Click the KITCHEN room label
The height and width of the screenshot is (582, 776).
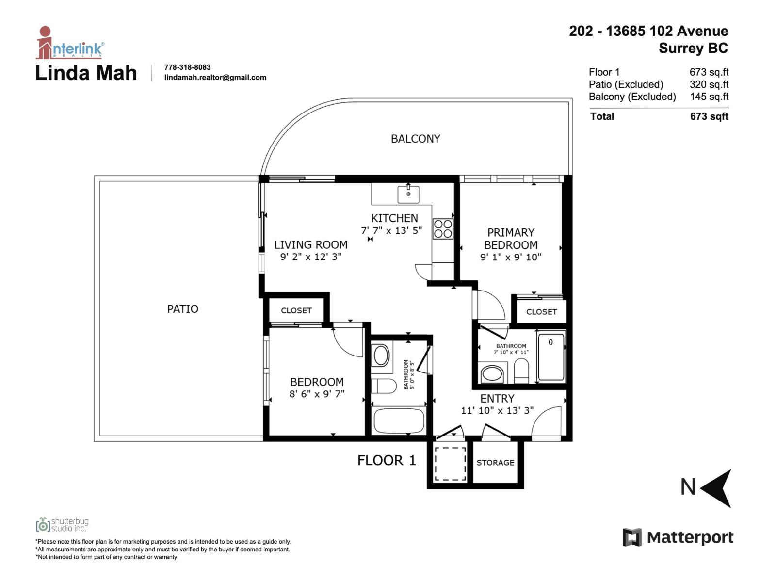394,218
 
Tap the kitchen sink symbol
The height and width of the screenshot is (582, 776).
408,194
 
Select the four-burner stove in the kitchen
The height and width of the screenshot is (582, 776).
443,229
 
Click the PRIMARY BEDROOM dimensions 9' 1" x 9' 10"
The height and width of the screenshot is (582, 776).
511,258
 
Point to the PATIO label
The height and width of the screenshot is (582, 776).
182,309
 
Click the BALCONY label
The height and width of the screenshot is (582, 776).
416,139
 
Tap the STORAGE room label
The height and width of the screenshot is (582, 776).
495,463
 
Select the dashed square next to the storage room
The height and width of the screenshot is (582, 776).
450,464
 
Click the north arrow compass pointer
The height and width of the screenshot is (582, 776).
717,487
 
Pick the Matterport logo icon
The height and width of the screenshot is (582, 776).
632,537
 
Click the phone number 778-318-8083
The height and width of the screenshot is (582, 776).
187,67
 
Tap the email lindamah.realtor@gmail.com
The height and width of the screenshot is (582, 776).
215,78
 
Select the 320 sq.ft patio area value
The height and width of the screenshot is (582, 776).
709,84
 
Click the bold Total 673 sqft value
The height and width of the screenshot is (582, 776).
709,116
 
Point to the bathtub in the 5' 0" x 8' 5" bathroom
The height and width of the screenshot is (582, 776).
399,420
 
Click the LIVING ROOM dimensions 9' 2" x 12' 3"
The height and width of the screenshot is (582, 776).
311,257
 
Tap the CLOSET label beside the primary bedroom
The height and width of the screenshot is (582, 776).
541,312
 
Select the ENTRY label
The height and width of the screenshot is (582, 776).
497,399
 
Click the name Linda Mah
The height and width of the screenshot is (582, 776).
86,73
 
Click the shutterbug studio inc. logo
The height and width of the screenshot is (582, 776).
62,525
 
